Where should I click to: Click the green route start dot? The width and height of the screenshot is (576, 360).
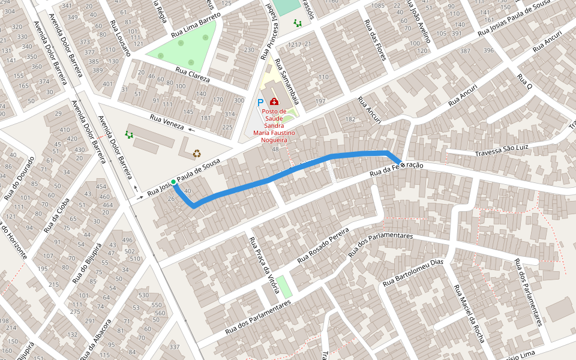(x=173, y=182)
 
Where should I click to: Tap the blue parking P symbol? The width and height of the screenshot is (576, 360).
(x=260, y=103)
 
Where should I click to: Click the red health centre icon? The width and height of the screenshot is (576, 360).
(x=274, y=103)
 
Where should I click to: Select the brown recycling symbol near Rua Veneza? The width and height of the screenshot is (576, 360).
(x=197, y=153)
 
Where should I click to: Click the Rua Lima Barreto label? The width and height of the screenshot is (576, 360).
(x=196, y=25)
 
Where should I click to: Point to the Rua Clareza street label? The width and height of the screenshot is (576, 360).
(x=193, y=75)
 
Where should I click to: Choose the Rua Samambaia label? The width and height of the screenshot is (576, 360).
(x=287, y=82)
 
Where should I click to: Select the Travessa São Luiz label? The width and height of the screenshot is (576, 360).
(x=501, y=150)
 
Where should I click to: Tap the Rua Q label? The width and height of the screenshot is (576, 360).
(x=524, y=82)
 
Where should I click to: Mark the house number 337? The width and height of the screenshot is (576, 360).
(x=175, y=347)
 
